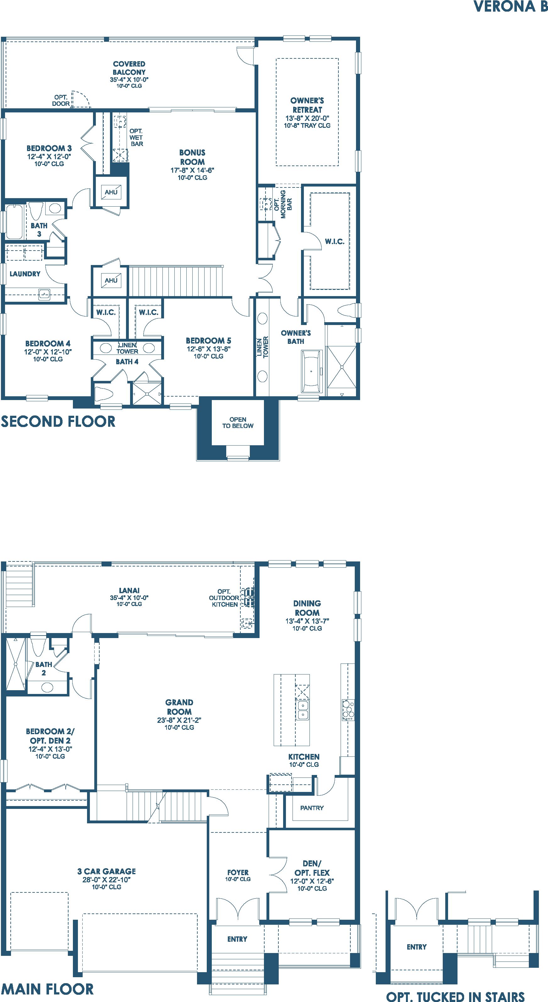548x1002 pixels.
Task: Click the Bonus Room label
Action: click(192, 157)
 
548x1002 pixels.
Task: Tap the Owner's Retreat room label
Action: click(307, 105)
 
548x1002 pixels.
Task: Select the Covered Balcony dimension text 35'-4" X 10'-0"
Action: click(129, 79)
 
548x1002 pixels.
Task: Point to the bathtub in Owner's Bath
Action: click(311, 371)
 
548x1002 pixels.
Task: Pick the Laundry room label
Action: click(25, 274)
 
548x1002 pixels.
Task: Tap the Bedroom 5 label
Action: click(208, 341)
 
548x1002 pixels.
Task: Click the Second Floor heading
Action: click(58, 422)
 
